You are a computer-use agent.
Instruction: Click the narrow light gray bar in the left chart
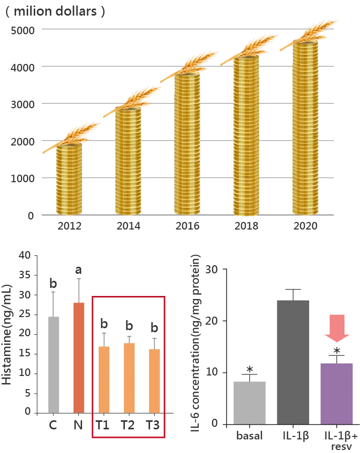(54, 362)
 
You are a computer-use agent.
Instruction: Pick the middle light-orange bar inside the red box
(129, 377)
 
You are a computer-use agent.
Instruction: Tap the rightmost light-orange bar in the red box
(155, 380)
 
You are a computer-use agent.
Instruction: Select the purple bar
(336, 393)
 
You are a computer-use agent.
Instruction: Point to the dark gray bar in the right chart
(292, 360)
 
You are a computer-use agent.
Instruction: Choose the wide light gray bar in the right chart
(250, 401)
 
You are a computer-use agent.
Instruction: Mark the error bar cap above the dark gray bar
(292, 288)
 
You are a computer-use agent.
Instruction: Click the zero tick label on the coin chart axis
(32, 216)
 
